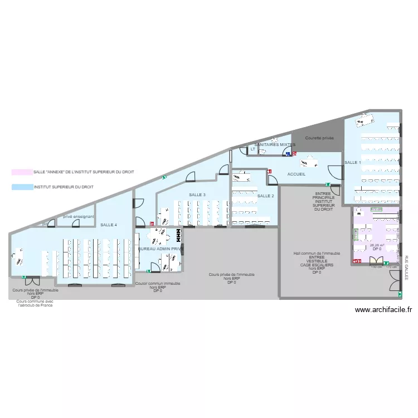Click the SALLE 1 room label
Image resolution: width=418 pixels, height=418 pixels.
click(x=352, y=162)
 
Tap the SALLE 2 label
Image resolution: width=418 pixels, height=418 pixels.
click(x=265, y=196)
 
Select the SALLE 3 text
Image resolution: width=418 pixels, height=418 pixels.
click(x=197, y=195)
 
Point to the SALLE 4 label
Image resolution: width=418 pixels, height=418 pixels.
click(x=109, y=225)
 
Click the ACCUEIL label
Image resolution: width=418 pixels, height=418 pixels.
click(x=297, y=174)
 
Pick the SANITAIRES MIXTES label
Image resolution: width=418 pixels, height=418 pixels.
click(x=271, y=144)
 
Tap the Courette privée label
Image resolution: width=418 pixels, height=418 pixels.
click(x=319, y=137)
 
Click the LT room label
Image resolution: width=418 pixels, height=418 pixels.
click(x=252, y=149)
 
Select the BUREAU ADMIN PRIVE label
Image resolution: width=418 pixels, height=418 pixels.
click(x=161, y=249)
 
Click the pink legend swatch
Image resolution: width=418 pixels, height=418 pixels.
click(x=22, y=172)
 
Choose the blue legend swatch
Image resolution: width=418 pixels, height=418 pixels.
click(x=22, y=187)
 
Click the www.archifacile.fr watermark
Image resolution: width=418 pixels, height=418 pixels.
click(x=383, y=310)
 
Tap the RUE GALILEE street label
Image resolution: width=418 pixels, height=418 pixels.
click(x=407, y=268)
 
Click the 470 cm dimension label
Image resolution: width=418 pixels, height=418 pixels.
click(x=376, y=210)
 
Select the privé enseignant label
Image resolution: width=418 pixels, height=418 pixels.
click(x=78, y=216)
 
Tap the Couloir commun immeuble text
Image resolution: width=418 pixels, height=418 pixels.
click(x=158, y=284)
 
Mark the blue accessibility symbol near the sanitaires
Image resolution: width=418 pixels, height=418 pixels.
click(x=288, y=154)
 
